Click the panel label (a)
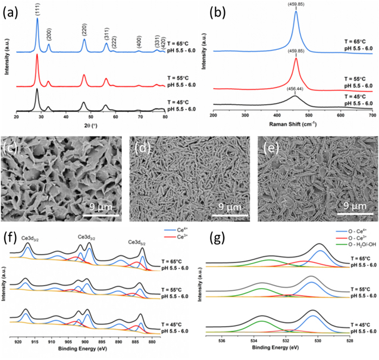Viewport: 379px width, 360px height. tap(10, 8)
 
